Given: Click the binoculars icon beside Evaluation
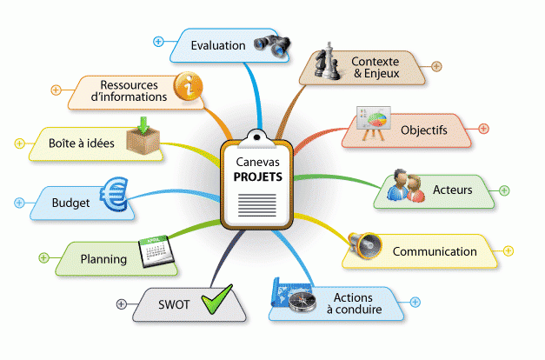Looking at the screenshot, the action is point(272,45).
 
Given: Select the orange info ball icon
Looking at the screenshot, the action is point(188,86).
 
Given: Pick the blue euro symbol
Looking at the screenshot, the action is point(114,195).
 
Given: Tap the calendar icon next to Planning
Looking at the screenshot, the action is point(156,251).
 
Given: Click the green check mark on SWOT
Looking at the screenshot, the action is point(217,299).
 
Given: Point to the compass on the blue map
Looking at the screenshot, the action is point(302,302).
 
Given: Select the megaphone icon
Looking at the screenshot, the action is point(364,245).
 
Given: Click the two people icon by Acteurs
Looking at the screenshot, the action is point(406,186).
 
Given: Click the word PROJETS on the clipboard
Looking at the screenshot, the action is point(258,177).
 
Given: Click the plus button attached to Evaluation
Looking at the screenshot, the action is point(158,42).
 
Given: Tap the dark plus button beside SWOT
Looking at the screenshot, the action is point(121,304).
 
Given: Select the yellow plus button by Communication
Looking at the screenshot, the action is point(508,250).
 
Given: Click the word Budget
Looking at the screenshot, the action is point(70,203).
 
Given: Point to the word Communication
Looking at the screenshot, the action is point(435,251).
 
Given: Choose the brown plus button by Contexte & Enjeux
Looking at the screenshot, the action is point(436,66).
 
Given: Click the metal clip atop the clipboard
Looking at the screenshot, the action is point(257,137).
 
